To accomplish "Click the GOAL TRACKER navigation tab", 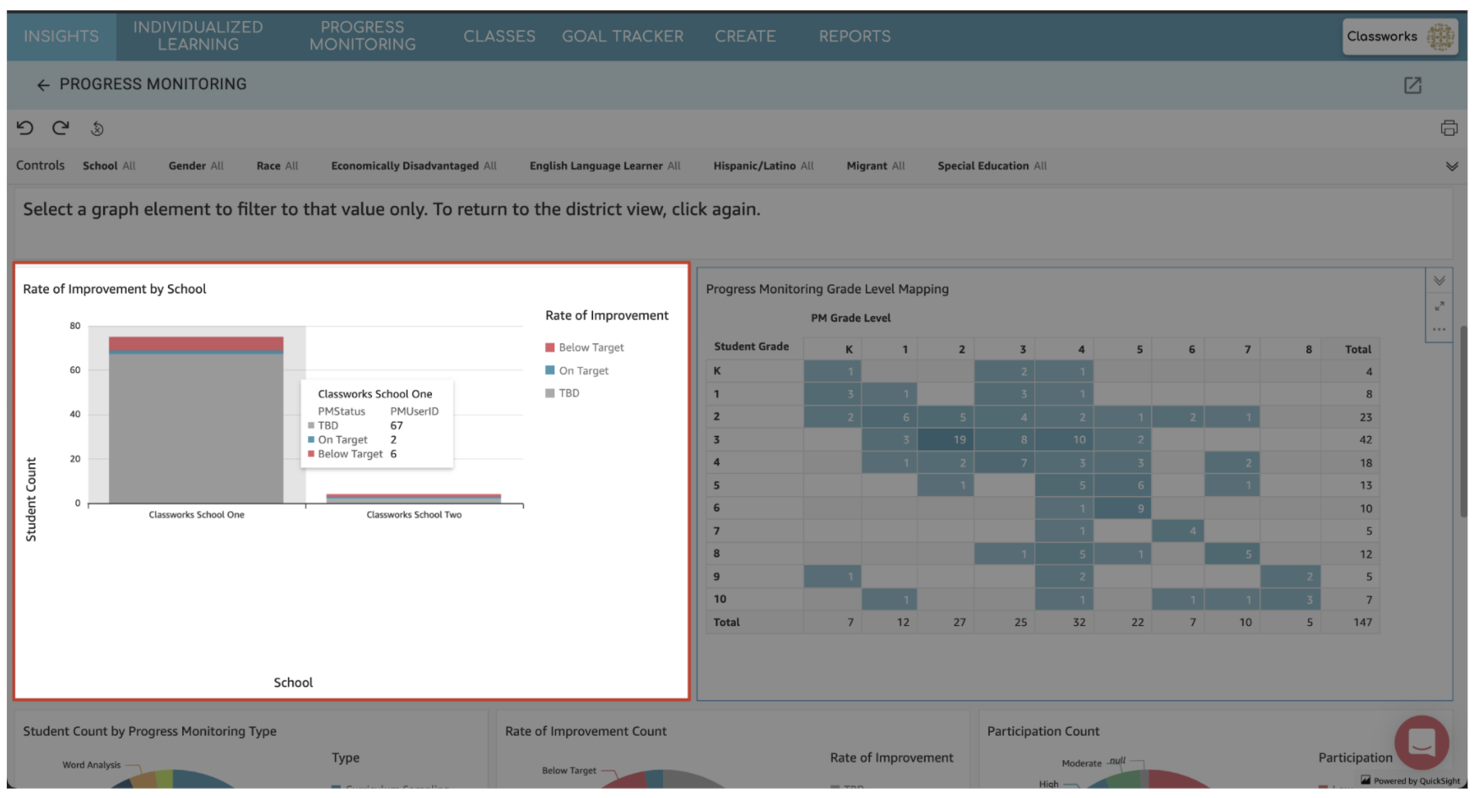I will click(623, 36).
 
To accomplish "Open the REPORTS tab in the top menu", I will click(855, 36).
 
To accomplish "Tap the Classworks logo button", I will click(1400, 36).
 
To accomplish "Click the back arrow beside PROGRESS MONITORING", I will click(43, 85).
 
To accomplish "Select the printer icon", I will click(1449, 128).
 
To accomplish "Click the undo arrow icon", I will click(25, 128).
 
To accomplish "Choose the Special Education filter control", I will click(991, 166).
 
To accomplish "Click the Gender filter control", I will click(196, 166).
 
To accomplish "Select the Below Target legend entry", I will click(591, 348).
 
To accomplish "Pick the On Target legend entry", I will click(583, 370).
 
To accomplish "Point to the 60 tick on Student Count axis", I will click(75, 370).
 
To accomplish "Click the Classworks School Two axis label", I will click(414, 515).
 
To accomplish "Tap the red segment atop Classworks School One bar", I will click(196, 343).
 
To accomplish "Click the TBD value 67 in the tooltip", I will click(397, 426).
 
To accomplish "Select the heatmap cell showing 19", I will click(945, 439).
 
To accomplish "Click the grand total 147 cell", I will click(1362, 623).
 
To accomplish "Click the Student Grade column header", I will click(751, 347).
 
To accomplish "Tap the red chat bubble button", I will click(1421, 742).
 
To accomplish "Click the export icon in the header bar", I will click(1412, 85).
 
